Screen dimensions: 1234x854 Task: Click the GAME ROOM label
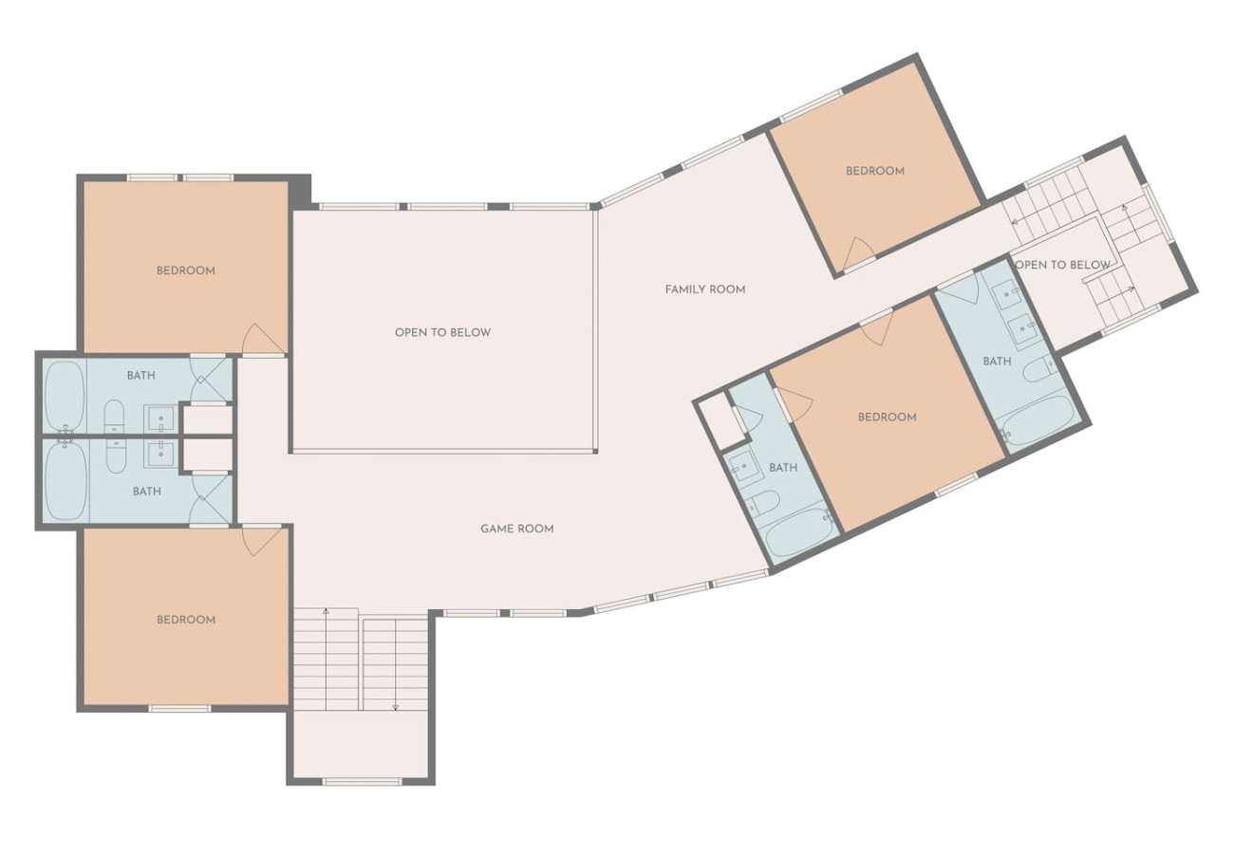(x=516, y=529)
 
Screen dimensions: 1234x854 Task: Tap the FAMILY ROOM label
(x=705, y=289)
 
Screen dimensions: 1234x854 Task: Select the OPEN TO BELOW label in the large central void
(x=443, y=332)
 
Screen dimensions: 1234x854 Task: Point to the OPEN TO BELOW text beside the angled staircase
(x=1062, y=265)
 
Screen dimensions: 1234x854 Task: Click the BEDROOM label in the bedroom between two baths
(x=888, y=418)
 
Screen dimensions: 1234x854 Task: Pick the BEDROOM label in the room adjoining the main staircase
(x=186, y=620)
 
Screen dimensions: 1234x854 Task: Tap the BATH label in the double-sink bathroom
(x=997, y=362)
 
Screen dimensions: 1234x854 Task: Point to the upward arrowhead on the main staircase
(x=327, y=611)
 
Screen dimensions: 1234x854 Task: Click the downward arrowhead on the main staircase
(x=396, y=708)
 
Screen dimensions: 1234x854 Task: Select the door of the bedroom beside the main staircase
(x=262, y=542)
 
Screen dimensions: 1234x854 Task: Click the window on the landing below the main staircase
(x=362, y=781)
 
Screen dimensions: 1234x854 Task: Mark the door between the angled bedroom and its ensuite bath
(x=795, y=402)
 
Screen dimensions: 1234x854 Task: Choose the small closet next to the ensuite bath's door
(x=720, y=420)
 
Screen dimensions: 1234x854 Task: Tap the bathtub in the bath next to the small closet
(x=800, y=532)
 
